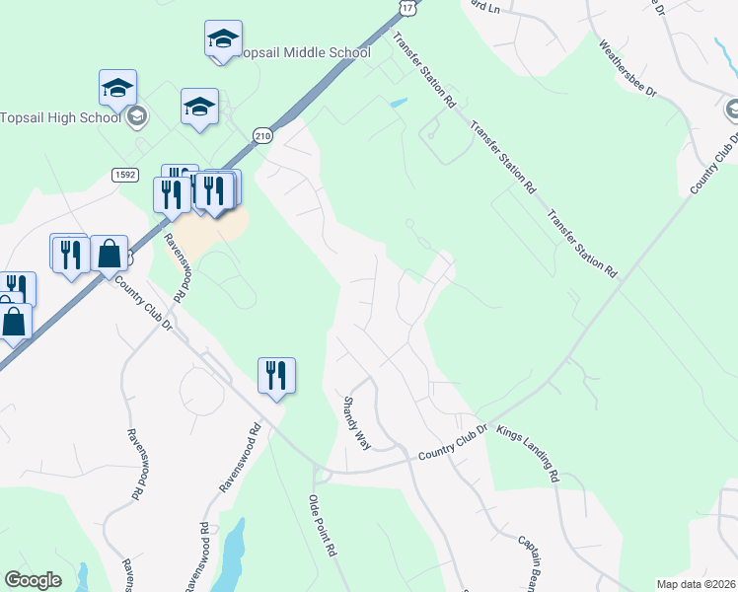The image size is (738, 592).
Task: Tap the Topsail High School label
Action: (x=60, y=116)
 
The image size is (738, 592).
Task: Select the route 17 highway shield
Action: (x=407, y=6)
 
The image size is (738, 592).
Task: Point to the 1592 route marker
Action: (x=123, y=175)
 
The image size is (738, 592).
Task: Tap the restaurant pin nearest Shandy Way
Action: (x=276, y=376)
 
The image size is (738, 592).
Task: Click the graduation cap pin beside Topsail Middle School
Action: (x=224, y=39)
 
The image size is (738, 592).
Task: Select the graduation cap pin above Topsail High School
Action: (x=117, y=89)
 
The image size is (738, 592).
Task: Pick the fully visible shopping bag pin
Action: (x=110, y=256)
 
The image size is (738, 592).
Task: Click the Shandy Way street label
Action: (x=355, y=423)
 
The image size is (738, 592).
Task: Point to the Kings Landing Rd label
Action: (x=528, y=455)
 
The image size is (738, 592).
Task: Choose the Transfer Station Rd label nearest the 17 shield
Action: (x=423, y=69)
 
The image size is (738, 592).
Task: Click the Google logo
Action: (x=33, y=580)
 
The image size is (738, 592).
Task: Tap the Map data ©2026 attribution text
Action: (x=696, y=584)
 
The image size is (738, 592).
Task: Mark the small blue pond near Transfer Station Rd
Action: (x=398, y=103)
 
